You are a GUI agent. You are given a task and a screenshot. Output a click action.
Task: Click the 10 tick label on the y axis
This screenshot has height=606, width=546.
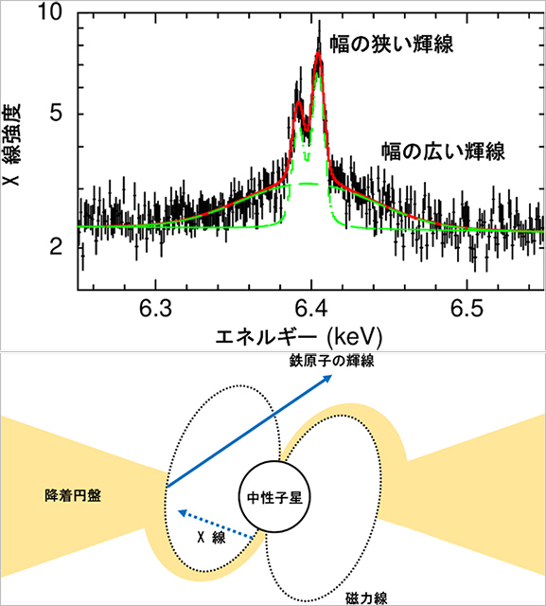pos(49,12)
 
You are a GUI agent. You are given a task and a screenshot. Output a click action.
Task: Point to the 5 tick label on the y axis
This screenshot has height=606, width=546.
pos(57,113)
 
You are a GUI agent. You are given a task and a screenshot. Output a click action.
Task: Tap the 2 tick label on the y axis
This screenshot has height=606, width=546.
pos(56,246)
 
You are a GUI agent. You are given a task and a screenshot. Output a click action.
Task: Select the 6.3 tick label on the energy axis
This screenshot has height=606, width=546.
pos(155,309)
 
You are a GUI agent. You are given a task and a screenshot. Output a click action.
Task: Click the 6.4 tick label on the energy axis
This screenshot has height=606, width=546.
pos(311,309)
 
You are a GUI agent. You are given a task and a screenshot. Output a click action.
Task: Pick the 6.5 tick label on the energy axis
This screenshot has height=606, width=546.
pos(467,309)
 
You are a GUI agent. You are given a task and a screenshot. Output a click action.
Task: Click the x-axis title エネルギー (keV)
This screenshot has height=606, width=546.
pos(298,337)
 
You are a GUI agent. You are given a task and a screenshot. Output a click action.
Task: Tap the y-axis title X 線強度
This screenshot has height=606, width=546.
pos(11,144)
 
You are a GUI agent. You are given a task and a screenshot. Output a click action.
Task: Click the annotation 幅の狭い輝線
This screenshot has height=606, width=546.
pos(391,45)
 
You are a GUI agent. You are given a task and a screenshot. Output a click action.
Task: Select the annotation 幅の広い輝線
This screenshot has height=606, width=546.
pos(443,151)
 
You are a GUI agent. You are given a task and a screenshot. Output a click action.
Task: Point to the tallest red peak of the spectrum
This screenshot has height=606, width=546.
pos(318,54)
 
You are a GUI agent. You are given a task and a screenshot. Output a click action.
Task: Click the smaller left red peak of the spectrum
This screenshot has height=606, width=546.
pos(298,103)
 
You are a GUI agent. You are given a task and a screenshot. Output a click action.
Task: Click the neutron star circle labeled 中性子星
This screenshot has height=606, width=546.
pos(274,497)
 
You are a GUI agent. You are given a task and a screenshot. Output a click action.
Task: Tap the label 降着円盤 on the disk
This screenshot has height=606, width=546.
pos(73,495)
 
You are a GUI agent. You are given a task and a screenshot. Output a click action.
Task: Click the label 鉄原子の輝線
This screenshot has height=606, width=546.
pos(332,361)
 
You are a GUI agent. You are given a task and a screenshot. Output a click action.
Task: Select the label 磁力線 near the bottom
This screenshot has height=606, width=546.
pos(366,597)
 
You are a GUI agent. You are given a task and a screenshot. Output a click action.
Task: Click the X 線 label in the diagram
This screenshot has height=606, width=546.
pos(211,537)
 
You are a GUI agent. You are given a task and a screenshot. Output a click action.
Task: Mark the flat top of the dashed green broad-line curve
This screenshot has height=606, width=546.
pos(308,184)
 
